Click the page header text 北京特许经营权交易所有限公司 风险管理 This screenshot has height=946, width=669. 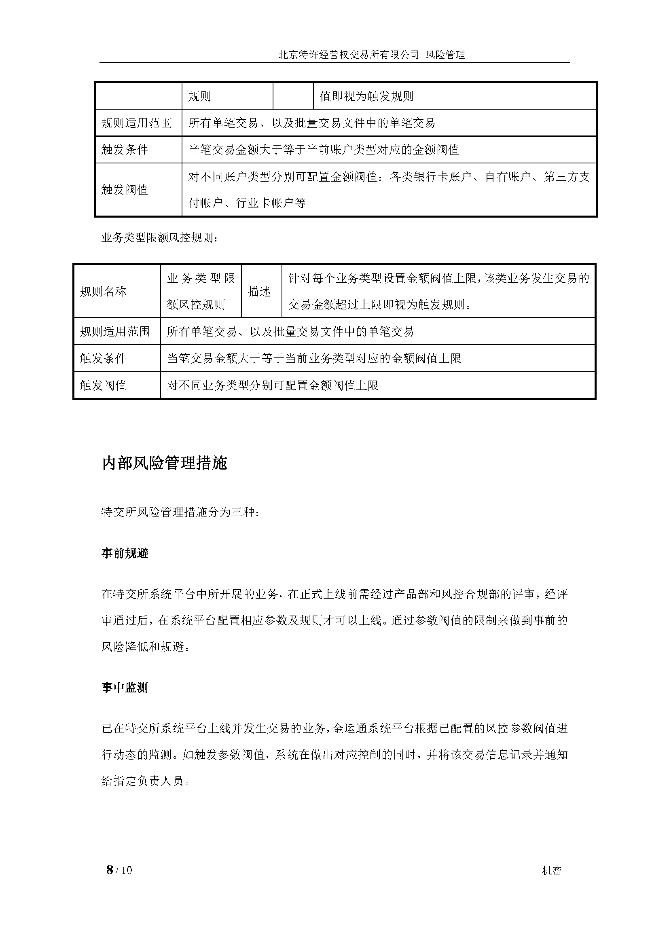pos(372,55)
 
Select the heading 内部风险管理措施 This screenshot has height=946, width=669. pos(164,463)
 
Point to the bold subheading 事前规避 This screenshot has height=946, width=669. pos(125,553)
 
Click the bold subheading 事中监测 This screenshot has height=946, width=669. pos(125,688)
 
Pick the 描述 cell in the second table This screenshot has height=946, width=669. pos(260,292)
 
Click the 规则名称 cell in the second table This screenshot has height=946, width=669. pos(103,292)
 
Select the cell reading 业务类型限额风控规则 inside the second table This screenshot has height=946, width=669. pos(201,291)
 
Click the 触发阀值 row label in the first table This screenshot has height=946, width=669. pos(125,190)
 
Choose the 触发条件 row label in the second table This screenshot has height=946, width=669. pos(103,358)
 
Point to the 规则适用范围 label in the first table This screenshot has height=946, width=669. pos(136,123)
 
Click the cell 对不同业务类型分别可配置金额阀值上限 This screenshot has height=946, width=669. pos(272,385)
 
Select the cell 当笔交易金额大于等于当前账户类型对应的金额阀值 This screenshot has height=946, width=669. pos(324,150)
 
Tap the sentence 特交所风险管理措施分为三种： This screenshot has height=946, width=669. pos(180,512)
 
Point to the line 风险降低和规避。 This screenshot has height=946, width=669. pos(146,646)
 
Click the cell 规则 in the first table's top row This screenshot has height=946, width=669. pos(200,96)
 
